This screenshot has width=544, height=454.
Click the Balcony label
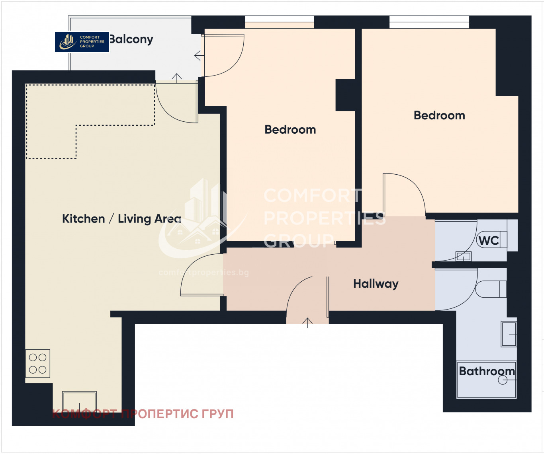[x=131, y=39]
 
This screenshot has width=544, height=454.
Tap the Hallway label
[x=376, y=284]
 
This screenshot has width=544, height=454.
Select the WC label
[x=489, y=241]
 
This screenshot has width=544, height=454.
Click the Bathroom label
[x=487, y=371]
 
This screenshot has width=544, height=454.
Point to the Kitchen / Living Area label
[x=122, y=219]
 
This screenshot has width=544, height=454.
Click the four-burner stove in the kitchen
[x=38, y=363]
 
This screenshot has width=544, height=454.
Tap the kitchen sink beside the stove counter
[x=80, y=401]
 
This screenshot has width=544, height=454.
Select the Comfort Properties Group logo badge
[x=82, y=42]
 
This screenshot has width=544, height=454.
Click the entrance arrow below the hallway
[x=307, y=323]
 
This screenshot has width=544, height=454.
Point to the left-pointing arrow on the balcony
[x=199, y=55]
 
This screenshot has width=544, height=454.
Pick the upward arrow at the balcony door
[x=177, y=78]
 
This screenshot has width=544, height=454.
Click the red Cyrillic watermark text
[x=143, y=414]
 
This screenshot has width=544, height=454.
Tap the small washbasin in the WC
[x=463, y=256]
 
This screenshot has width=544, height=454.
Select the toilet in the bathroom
[x=491, y=289]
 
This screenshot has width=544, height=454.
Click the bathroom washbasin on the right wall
[x=509, y=334]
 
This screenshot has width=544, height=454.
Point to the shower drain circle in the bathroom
[x=503, y=380]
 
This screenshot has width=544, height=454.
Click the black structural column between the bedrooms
[x=345, y=95]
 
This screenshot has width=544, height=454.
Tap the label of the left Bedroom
[x=290, y=130]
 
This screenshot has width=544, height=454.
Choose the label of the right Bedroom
[x=439, y=115]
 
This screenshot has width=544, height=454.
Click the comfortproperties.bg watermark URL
[x=204, y=273]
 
